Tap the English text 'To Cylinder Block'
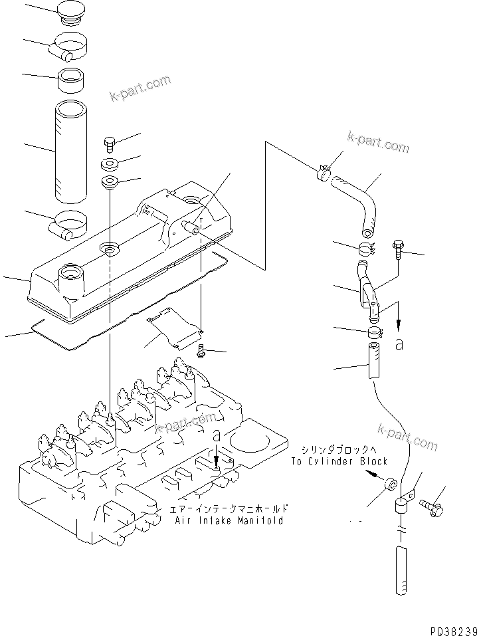[339, 461]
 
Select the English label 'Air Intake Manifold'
[229, 520]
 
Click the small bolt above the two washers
[110, 143]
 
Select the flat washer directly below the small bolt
[110, 163]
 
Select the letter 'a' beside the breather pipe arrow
[399, 344]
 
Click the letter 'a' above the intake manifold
[217, 435]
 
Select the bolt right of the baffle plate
[201, 351]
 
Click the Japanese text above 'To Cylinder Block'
[339, 449]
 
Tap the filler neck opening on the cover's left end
[70, 272]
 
